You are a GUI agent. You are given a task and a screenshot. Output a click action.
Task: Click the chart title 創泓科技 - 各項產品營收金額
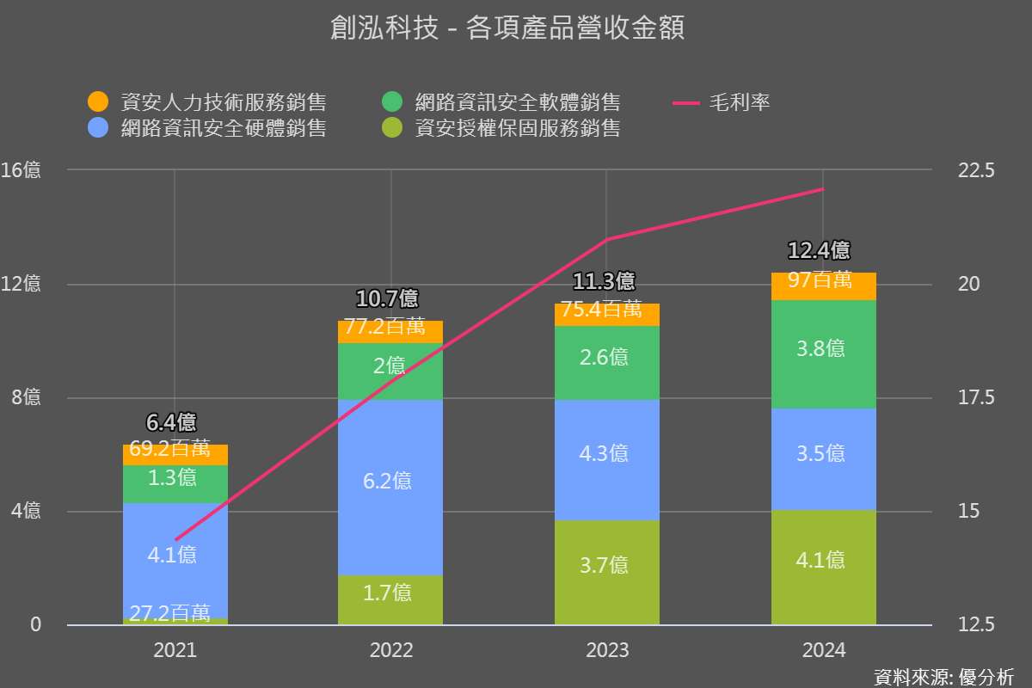[x=507, y=29]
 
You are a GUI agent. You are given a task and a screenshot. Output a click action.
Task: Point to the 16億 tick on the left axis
[x=21, y=170]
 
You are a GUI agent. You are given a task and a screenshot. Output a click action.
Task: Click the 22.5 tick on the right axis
[x=975, y=170]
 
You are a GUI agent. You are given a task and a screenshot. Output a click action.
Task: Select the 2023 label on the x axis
[x=607, y=650]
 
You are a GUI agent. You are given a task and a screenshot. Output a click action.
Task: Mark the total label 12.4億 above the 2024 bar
[x=819, y=250]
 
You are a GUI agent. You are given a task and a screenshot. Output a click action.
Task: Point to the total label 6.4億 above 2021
[x=171, y=422]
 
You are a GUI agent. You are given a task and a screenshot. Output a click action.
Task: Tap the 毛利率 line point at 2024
[x=824, y=188]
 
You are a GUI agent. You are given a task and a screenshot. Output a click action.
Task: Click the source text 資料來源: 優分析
[x=943, y=676]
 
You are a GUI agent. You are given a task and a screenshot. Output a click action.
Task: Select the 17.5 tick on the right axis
[x=975, y=398]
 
